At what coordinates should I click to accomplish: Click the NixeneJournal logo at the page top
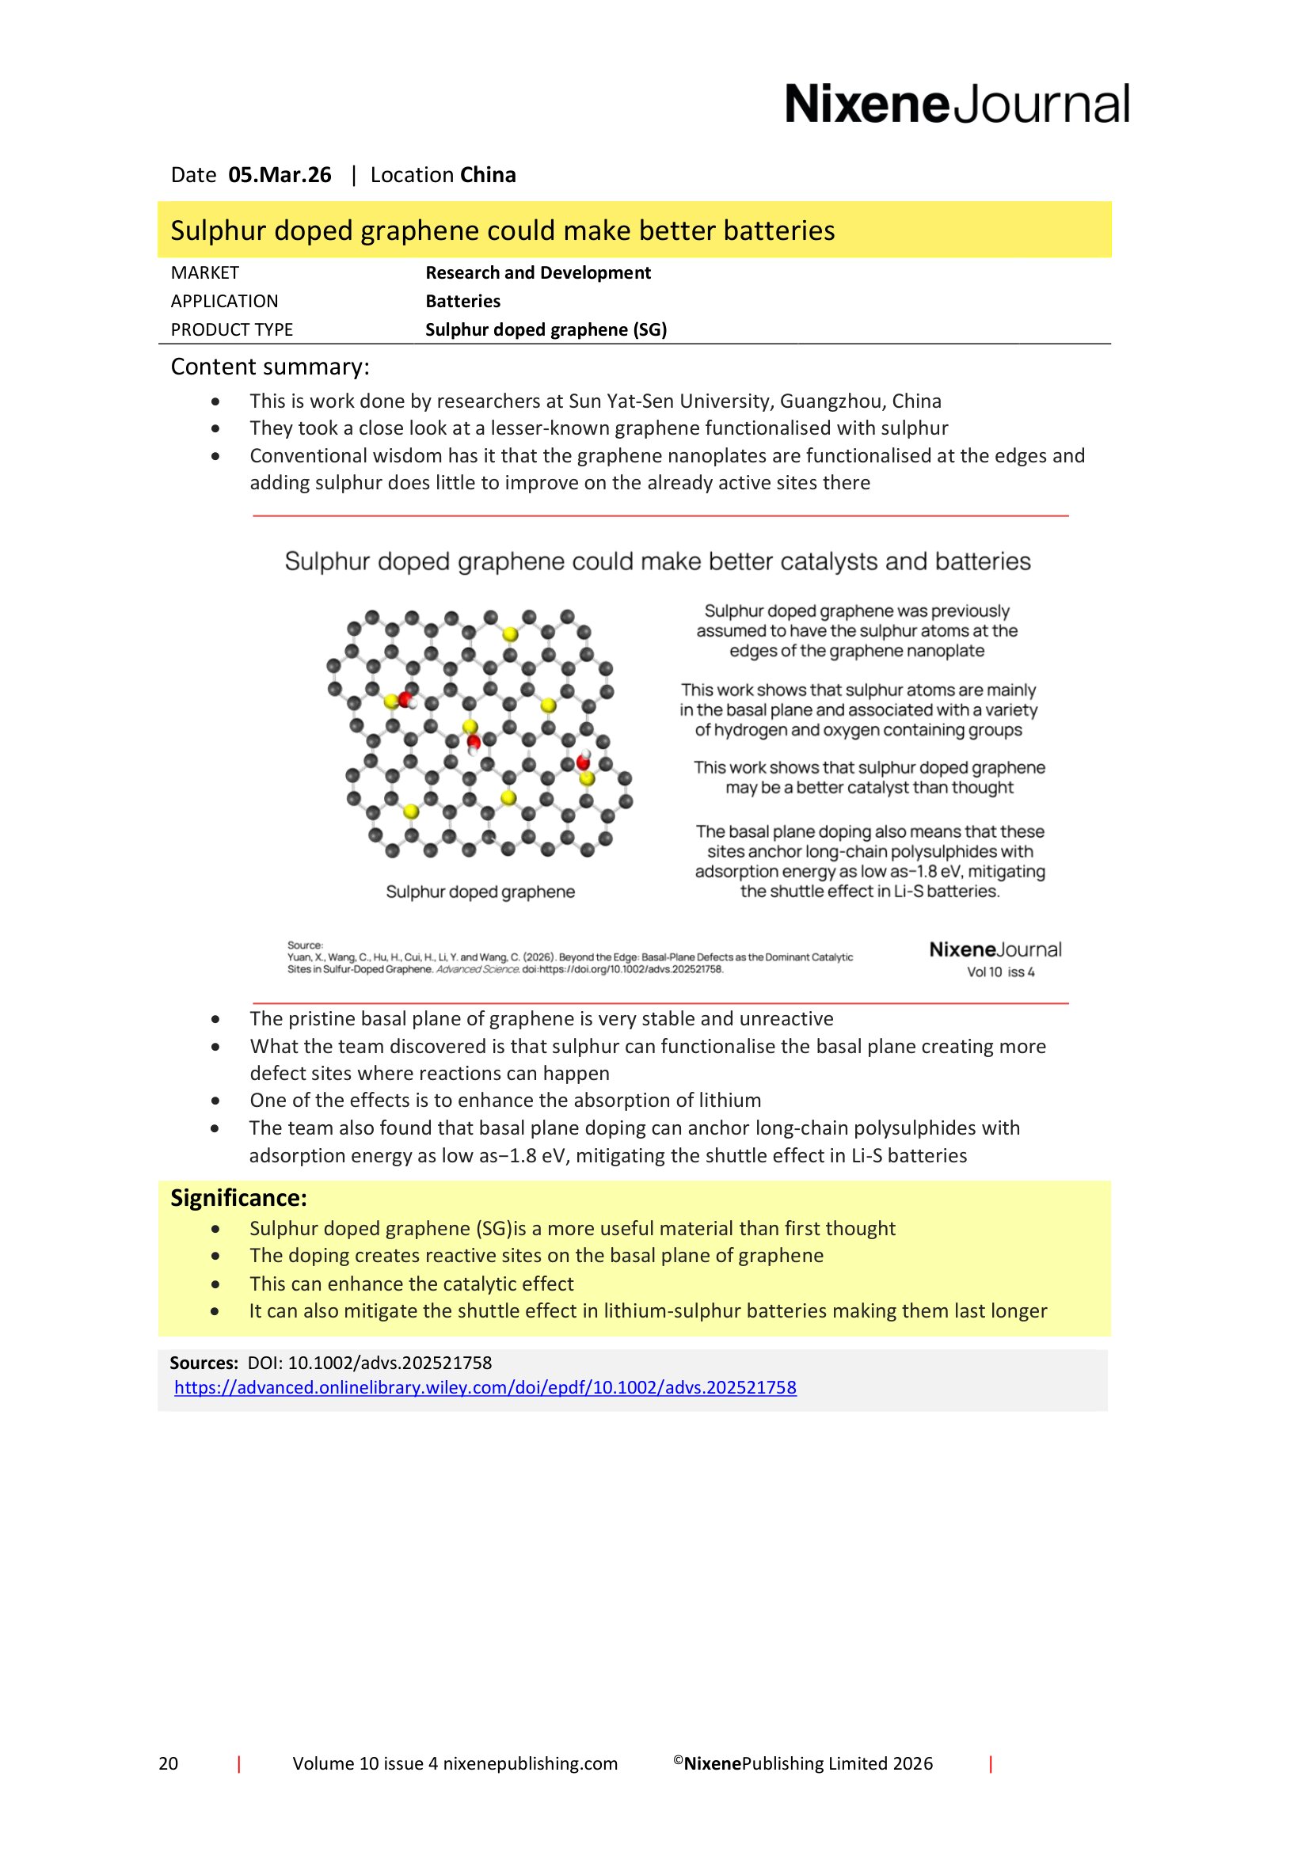(957, 105)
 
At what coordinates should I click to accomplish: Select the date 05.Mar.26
(279, 175)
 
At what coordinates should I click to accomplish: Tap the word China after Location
(488, 175)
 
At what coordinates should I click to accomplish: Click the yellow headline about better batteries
(503, 230)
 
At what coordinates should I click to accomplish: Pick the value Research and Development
(537, 272)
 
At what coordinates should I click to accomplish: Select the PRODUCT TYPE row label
(231, 330)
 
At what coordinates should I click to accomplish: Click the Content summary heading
(269, 367)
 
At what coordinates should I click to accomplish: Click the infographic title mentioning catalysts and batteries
(657, 561)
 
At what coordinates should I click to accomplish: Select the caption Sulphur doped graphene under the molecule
(480, 892)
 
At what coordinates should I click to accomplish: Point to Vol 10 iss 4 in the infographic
(1000, 972)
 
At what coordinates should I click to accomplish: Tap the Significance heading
(238, 1198)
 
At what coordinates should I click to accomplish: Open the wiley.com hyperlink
(485, 1387)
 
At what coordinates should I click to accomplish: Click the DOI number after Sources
(368, 1363)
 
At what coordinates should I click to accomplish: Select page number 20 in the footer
(168, 1763)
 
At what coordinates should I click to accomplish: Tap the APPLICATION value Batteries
(462, 302)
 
